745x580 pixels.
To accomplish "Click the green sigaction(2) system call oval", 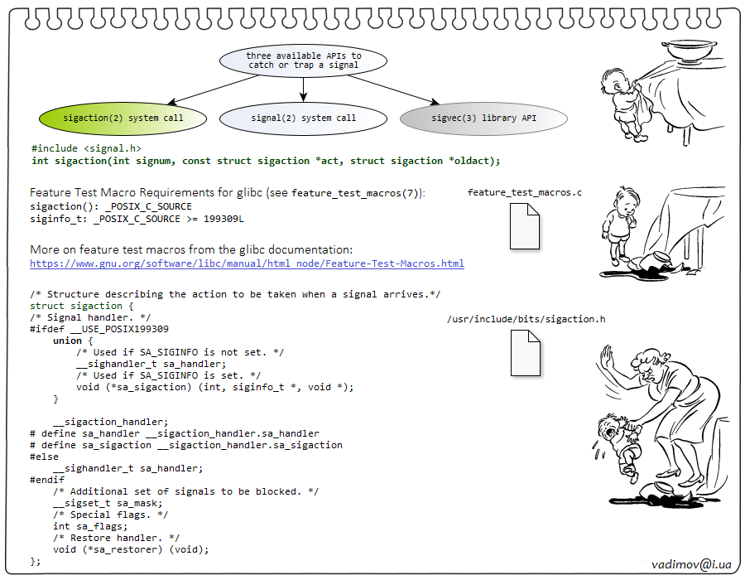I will (x=123, y=118).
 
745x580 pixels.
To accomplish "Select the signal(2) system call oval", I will (x=303, y=118).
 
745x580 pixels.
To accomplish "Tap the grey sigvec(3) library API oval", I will (x=483, y=118).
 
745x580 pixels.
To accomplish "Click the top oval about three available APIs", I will (x=303, y=60).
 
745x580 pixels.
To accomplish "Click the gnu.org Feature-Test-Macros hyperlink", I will (x=247, y=263).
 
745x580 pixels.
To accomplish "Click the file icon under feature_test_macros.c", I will (x=524, y=225).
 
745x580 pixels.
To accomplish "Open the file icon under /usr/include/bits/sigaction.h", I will (x=524, y=352).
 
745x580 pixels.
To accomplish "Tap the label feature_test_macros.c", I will (x=524, y=193).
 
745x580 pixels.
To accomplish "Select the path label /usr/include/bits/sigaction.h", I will (x=526, y=319).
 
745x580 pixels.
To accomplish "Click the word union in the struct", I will (x=67, y=341).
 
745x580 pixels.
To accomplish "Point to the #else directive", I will (x=44, y=457).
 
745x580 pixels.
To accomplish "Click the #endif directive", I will (x=46, y=480).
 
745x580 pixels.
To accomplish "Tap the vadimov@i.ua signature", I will (x=691, y=563).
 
